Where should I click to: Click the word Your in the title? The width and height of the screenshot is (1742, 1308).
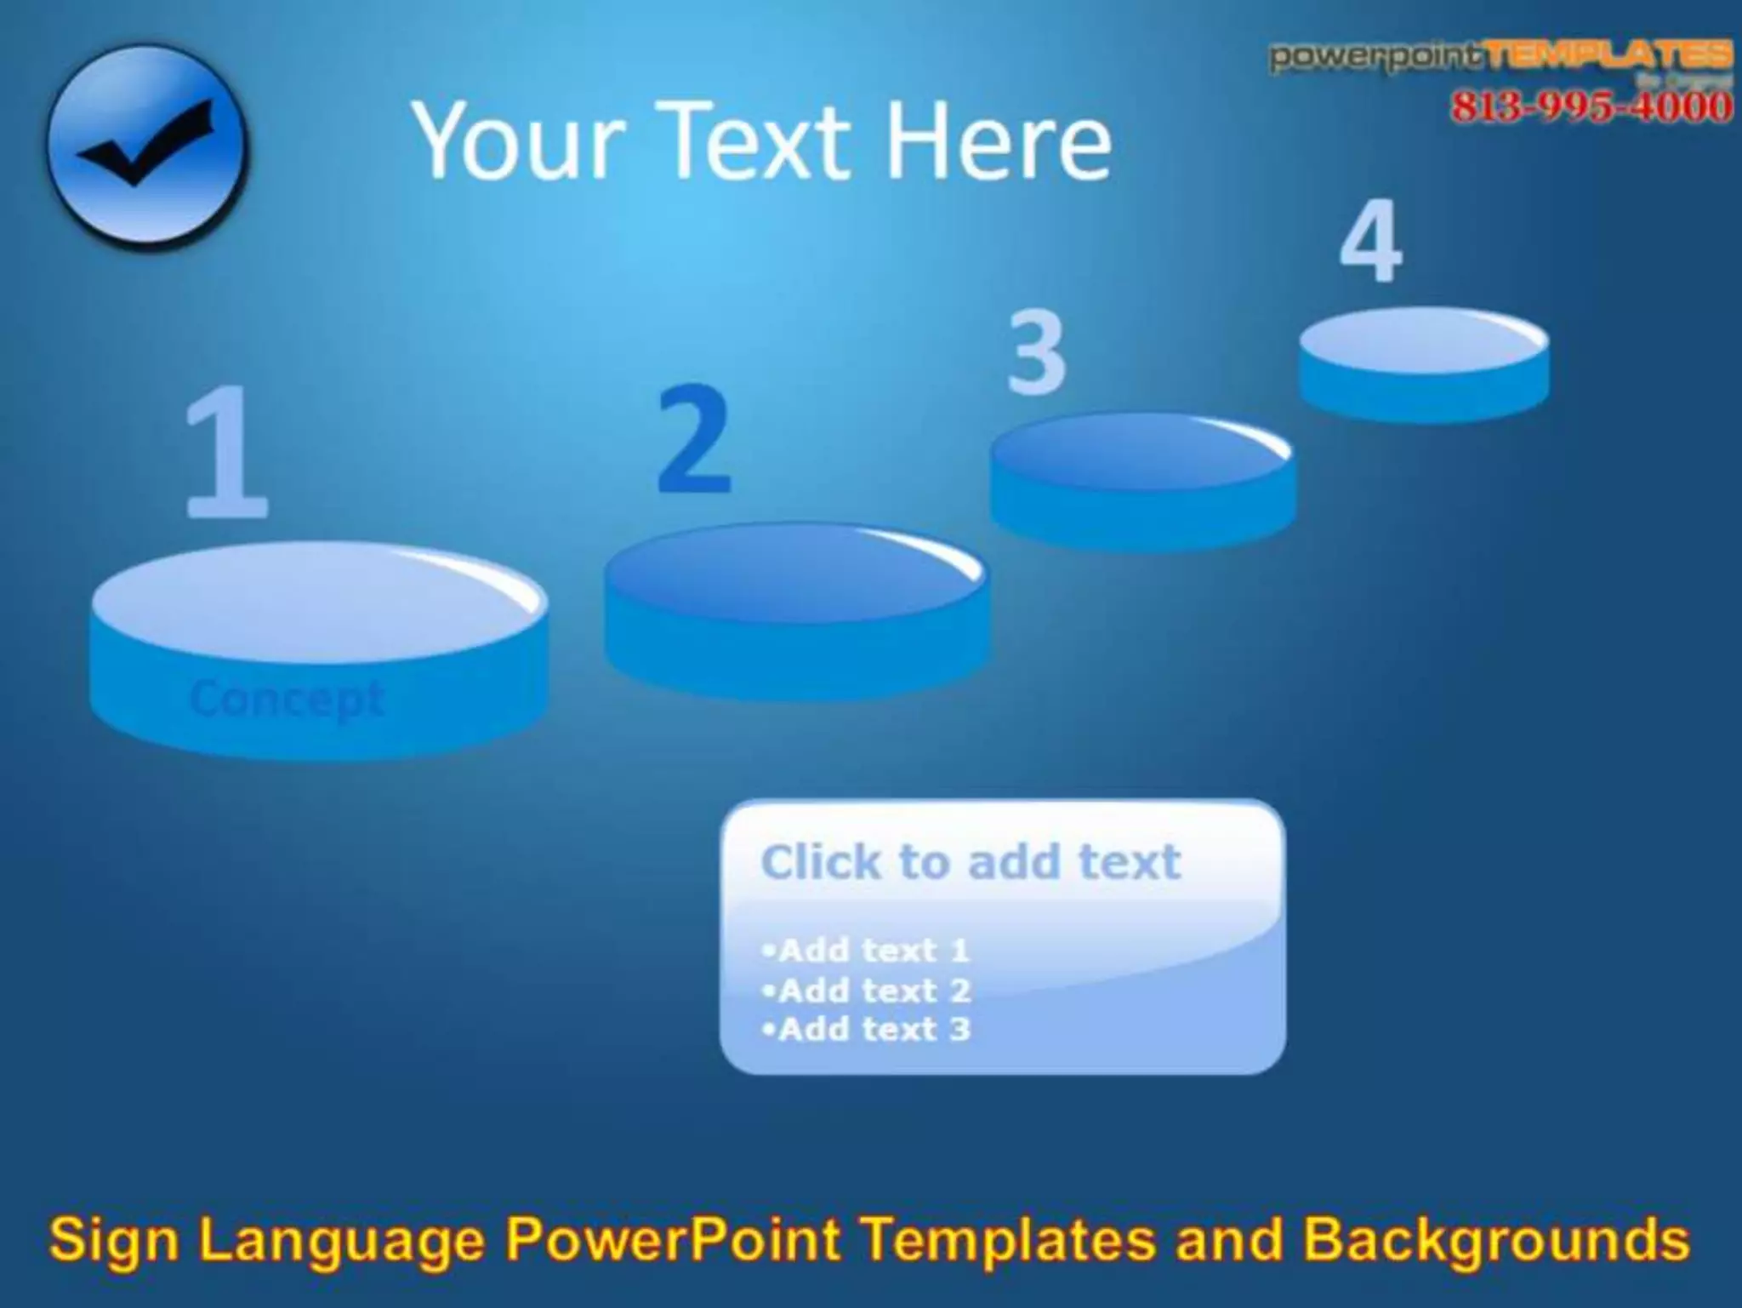(x=520, y=140)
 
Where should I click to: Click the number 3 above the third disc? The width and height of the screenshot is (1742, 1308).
(x=1036, y=352)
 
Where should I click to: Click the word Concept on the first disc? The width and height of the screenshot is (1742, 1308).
(x=287, y=700)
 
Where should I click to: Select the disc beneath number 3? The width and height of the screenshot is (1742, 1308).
(x=1142, y=481)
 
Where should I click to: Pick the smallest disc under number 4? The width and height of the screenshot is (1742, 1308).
(x=1423, y=364)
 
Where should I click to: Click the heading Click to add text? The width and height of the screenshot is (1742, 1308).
(x=971, y=862)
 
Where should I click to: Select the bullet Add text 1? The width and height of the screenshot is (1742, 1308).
(x=867, y=950)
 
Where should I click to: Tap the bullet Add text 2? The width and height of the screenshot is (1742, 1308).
(x=867, y=990)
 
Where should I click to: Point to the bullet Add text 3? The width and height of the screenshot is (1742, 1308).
(x=867, y=1029)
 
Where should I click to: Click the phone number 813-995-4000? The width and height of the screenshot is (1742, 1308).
(x=1591, y=107)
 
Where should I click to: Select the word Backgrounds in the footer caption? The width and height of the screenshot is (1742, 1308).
(x=1497, y=1240)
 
